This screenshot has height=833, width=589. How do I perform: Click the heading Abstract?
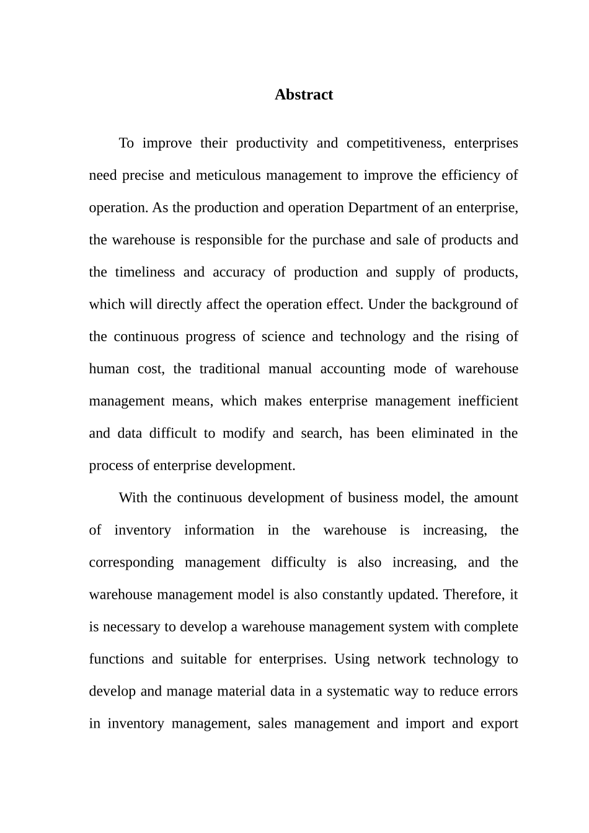(304, 95)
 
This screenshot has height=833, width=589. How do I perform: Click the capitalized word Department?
(383, 208)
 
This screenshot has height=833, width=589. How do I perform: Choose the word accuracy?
(239, 272)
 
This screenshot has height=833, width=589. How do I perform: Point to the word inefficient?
(488, 401)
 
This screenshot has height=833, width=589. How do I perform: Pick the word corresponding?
(131, 563)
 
